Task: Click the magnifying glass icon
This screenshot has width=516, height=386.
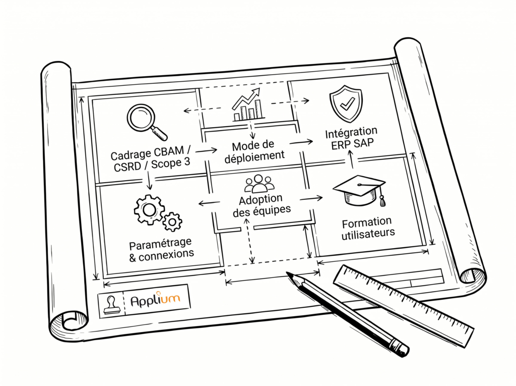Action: point(145,120)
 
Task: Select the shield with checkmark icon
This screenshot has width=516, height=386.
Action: point(345,104)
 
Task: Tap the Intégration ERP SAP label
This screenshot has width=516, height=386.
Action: point(351,139)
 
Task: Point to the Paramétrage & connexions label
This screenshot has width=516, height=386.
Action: point(161,249)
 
